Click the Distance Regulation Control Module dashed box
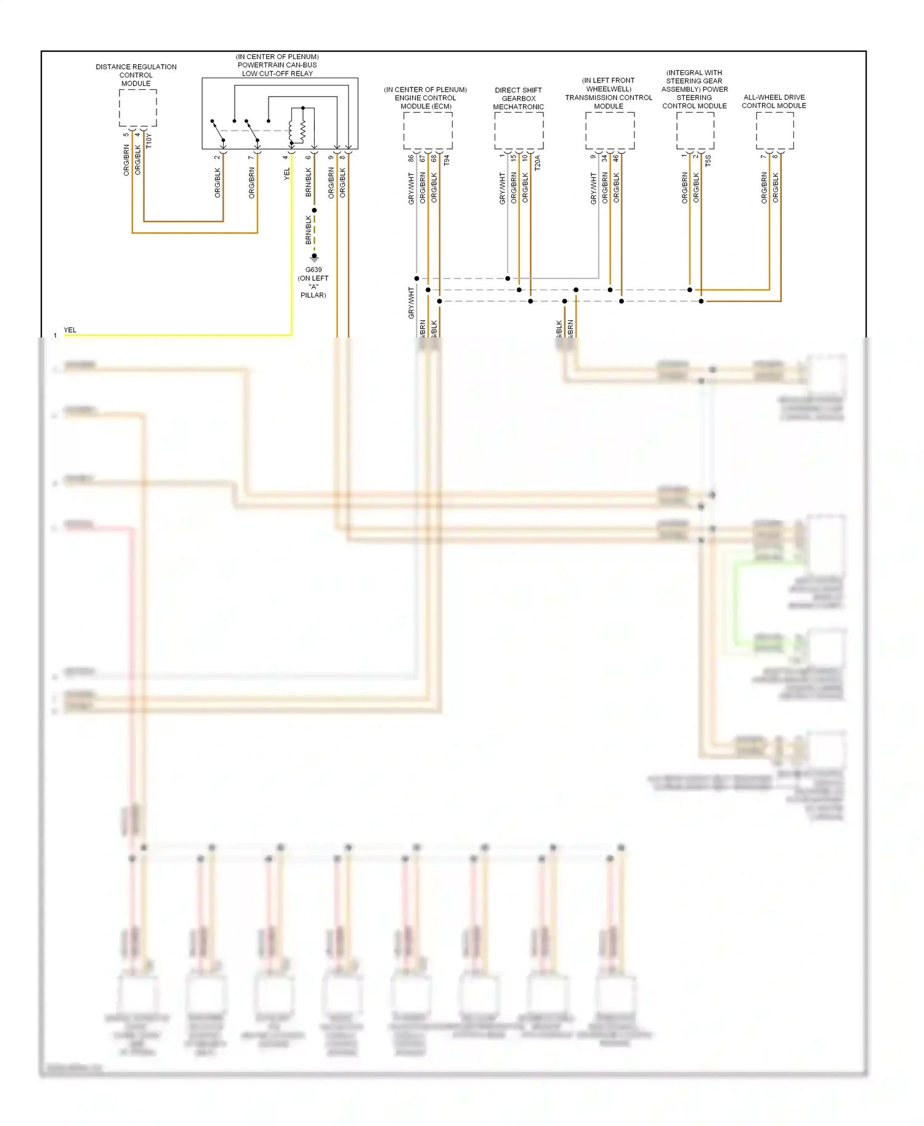(x=137, y=108)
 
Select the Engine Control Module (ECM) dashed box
(x=428, y=130)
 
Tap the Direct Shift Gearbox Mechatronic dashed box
(x=519, y=130)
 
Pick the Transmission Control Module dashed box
(x=609, y=130)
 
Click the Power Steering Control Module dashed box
(x=695, y=130)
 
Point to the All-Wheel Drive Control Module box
(x=774, y=130)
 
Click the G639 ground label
(x=313, y=270)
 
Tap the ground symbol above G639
(x=314, y=256)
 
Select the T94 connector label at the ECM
(x=447, y=160)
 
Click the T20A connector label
(x=537, y=163)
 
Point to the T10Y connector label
(x=148, y=142)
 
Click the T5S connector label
(x=708, y=161)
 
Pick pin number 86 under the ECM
(x=411, y=158)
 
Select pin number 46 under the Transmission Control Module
(x=615, y=158)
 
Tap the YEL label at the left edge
(x=70, y=330)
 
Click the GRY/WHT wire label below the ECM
(x=411, y=188)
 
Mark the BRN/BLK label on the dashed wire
(x=309, y=229)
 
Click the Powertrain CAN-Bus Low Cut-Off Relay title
(x=277, y=65)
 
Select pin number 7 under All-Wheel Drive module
(x=763, y=156)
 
